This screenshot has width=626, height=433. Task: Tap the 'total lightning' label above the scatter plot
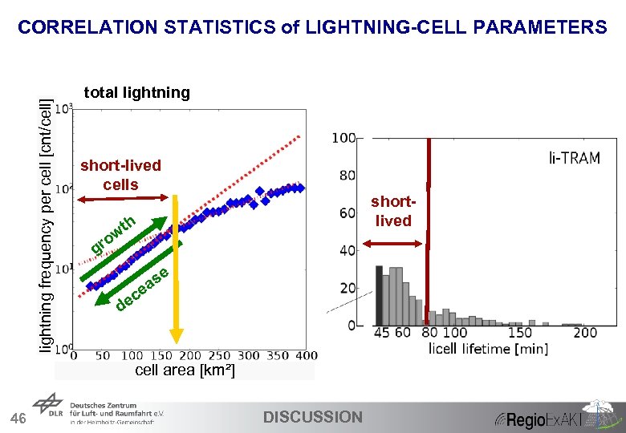point(136,92)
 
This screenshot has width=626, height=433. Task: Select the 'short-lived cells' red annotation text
point(120,175)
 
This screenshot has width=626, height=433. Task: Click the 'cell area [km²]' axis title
point(185,370)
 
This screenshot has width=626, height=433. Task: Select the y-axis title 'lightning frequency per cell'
point(49,225)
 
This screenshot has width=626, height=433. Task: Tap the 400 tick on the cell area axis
point(306,355)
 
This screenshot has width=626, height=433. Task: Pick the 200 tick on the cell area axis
point(190,355)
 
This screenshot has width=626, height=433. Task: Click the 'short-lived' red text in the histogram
point(393,212)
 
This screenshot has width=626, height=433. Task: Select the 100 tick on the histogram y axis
point(344,139)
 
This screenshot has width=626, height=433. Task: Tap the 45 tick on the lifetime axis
point(382,333)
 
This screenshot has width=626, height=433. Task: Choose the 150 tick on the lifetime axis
point(520,333)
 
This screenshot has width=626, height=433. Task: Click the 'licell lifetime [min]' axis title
point(488,348)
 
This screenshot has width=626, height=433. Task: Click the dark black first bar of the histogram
point(379,297)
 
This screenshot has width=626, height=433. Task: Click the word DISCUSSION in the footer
point(313,417)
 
